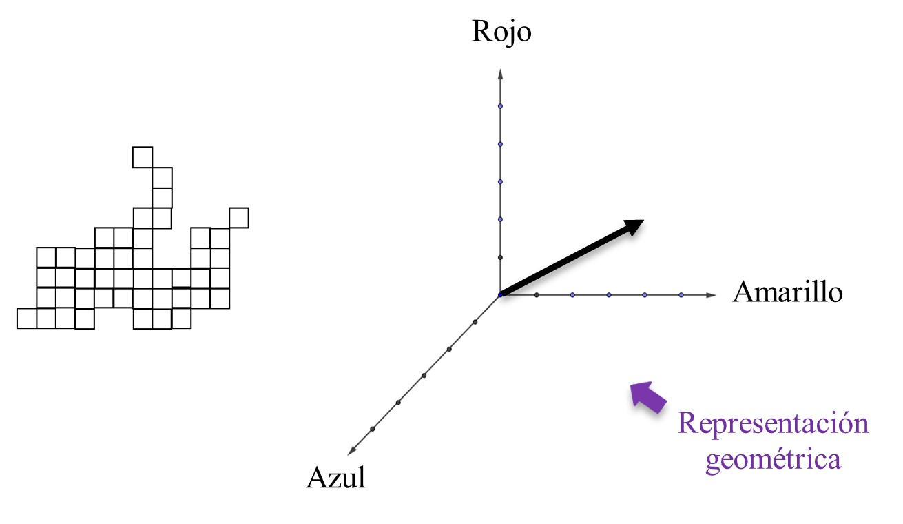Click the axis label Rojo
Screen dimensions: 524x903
(x=501, y=32)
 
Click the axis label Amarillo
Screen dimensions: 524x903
(x=787, y=292)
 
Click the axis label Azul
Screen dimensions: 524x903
(x=335, y=477)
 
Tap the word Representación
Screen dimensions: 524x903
(x=773, y=423)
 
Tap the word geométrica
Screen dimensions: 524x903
(x=773, y=458)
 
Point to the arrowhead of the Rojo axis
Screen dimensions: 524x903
(x=501, y=73)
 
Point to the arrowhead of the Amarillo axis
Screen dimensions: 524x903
(x=712, y=295)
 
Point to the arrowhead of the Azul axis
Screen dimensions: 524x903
(x=352, y=451)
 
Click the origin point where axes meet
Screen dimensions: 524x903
(x=501, y=295)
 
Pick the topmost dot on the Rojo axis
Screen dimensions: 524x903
(x=501, y=106)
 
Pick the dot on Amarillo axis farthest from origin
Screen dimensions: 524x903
(x=681, y=295)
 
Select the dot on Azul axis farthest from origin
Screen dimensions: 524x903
(x=373, y=429)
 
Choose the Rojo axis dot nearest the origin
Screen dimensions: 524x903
(x=501, y=257)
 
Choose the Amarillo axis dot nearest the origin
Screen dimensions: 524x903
(x=537, y=295)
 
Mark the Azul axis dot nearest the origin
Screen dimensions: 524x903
(x=475, y=322)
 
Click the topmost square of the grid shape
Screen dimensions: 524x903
(x=143, y=157)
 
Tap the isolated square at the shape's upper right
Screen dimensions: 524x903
(x=238, y=217)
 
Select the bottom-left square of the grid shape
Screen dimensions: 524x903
(x=27, y=318)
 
